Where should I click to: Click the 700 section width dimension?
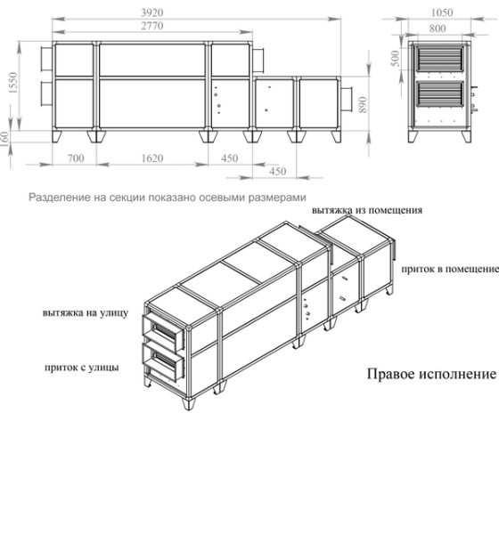click(x=74, y=158)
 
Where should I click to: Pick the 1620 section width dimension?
click(x=152, y=158)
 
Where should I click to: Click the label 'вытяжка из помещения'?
click(x=367, y=210)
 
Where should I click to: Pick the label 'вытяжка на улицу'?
click(x=86, y=313)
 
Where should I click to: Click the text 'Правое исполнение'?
click(x=431, y=374)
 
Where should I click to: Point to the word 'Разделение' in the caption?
click(x=56, y=197)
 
